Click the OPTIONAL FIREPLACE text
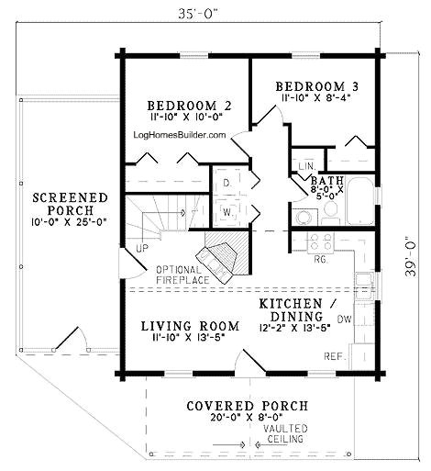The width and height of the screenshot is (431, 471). point(182,273)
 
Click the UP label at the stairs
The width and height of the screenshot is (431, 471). point(142,249)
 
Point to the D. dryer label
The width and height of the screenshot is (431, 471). point(226,184)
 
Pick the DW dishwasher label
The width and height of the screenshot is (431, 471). point(345,320)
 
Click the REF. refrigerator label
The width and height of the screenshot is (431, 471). point(334,354)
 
